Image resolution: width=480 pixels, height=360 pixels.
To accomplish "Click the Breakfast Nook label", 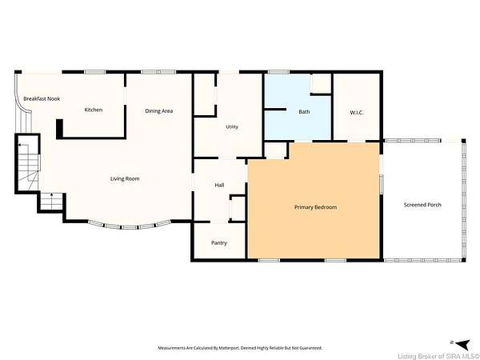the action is tap(42, 98).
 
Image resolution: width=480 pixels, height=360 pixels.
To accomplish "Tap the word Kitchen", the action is tap(94, 110).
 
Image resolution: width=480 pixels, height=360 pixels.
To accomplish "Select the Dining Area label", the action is tap(159, 111).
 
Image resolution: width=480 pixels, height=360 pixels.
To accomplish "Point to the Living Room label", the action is tap(125, 178).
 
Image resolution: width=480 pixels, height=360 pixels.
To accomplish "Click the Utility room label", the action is tap(232, 126).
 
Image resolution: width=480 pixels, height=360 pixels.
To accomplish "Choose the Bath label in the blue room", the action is tap(304, 112).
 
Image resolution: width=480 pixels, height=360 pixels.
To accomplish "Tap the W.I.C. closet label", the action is tap(357, 112).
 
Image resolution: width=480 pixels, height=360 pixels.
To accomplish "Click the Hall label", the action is tap(219, 185).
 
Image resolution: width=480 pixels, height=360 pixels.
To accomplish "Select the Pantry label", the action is tap(219, 242).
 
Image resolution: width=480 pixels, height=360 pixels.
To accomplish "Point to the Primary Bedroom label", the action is tap(316, 207).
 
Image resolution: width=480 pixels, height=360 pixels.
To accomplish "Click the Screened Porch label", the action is tap(422, 205).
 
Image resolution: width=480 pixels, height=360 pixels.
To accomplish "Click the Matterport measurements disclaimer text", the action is tap(240, 348).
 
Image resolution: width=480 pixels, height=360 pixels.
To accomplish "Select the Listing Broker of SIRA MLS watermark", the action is tap(438, 356).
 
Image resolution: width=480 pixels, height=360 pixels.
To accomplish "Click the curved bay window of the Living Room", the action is tap(130, 226).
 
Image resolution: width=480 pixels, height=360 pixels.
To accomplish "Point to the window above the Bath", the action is tap(278, 72).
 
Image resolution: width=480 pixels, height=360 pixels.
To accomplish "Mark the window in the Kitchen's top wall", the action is tap(95, 72).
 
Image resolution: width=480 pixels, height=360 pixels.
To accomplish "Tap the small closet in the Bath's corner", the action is tap(321, 83).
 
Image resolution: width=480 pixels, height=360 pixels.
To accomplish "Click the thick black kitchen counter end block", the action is tap(59, 129).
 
